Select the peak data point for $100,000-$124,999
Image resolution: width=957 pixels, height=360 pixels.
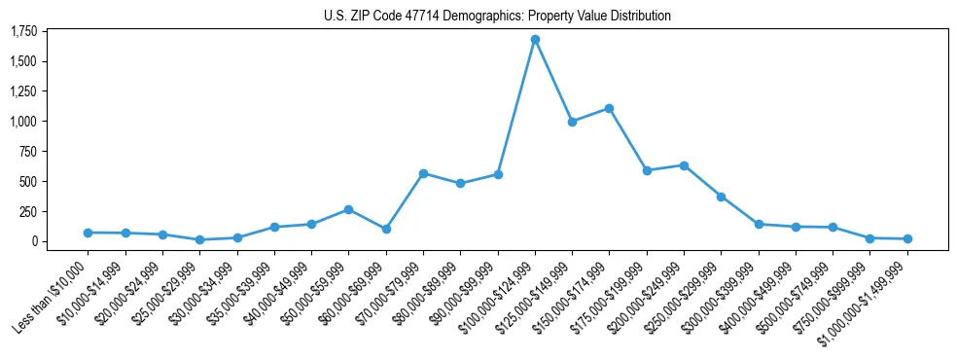[x=535, y=40]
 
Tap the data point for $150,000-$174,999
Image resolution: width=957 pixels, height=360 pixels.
[x=609, y=108]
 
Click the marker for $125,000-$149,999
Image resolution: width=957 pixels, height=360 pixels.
[x=572, y=122]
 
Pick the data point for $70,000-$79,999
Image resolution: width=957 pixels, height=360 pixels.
[x=423, y=173]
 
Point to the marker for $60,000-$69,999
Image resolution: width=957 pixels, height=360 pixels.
[x=386, y=229]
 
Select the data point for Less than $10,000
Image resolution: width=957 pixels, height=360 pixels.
[x=89, y=233]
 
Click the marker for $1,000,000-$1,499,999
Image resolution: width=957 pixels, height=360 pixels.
[x=907, y=238]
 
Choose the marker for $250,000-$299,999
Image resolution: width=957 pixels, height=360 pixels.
[x=721, y=197]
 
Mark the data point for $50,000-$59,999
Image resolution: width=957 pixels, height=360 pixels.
[x=348, y=209]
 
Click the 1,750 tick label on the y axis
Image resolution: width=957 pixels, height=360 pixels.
[x=23, y=32]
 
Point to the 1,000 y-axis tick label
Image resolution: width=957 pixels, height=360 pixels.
[x=23, y=122]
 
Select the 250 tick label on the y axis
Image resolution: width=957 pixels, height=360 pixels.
[x=28, y=211]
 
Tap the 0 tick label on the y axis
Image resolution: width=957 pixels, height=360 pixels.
[x=34, y=241]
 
